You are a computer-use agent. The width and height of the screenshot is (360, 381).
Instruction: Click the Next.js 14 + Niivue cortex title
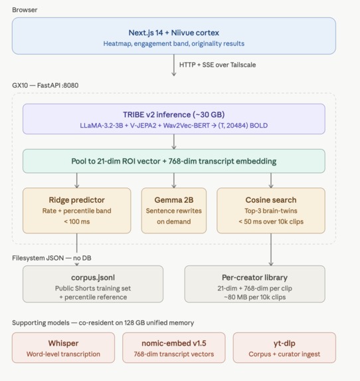tap(174, 33)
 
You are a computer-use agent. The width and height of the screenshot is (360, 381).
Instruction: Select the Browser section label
tap(25, 10)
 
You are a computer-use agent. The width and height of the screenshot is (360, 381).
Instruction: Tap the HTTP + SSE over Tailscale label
tap(217, 65)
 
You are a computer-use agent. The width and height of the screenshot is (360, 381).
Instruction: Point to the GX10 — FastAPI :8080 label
tap(45, 86)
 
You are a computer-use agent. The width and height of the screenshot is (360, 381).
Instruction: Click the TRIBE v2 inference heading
tap(174, 114)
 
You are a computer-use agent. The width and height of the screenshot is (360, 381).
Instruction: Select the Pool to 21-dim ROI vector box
tap(174, 161)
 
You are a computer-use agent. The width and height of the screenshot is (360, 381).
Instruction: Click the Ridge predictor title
tap(76, 200)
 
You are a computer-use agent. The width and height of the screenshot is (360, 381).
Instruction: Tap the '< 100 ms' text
tap(76, 221)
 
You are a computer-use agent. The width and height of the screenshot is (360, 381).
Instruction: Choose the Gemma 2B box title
tap(174, 200)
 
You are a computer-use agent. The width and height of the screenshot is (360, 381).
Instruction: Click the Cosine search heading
tap(271, 200)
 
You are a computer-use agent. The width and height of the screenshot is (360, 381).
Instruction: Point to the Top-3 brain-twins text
tap(271, 211)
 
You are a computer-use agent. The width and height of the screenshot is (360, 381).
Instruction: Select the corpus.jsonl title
tap(93, 277)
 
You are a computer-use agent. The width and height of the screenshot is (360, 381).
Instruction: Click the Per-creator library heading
tap(254, 277)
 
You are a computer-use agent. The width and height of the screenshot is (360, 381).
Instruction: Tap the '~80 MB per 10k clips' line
tap(254, 297)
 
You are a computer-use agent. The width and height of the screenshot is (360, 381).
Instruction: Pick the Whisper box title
tap(63, 343)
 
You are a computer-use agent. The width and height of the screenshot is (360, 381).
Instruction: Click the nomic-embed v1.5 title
tap(174, 343)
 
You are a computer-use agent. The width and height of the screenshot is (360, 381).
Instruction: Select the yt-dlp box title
tap(284, 343)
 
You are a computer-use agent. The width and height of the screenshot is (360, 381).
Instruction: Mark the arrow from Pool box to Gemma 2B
tap(174, 180)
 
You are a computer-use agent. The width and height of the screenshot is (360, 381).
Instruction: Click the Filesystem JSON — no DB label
tap(52, 258)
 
